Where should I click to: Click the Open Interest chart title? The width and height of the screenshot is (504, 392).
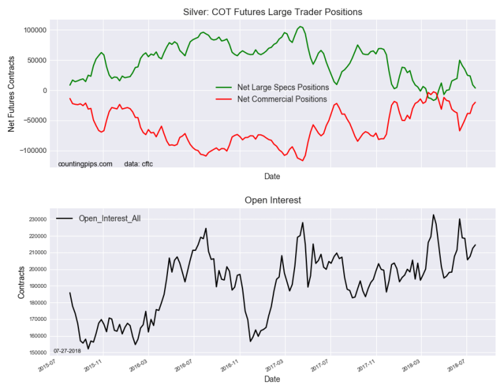[x=273, y=200]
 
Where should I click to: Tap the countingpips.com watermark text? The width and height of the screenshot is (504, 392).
[x=85, y=163]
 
